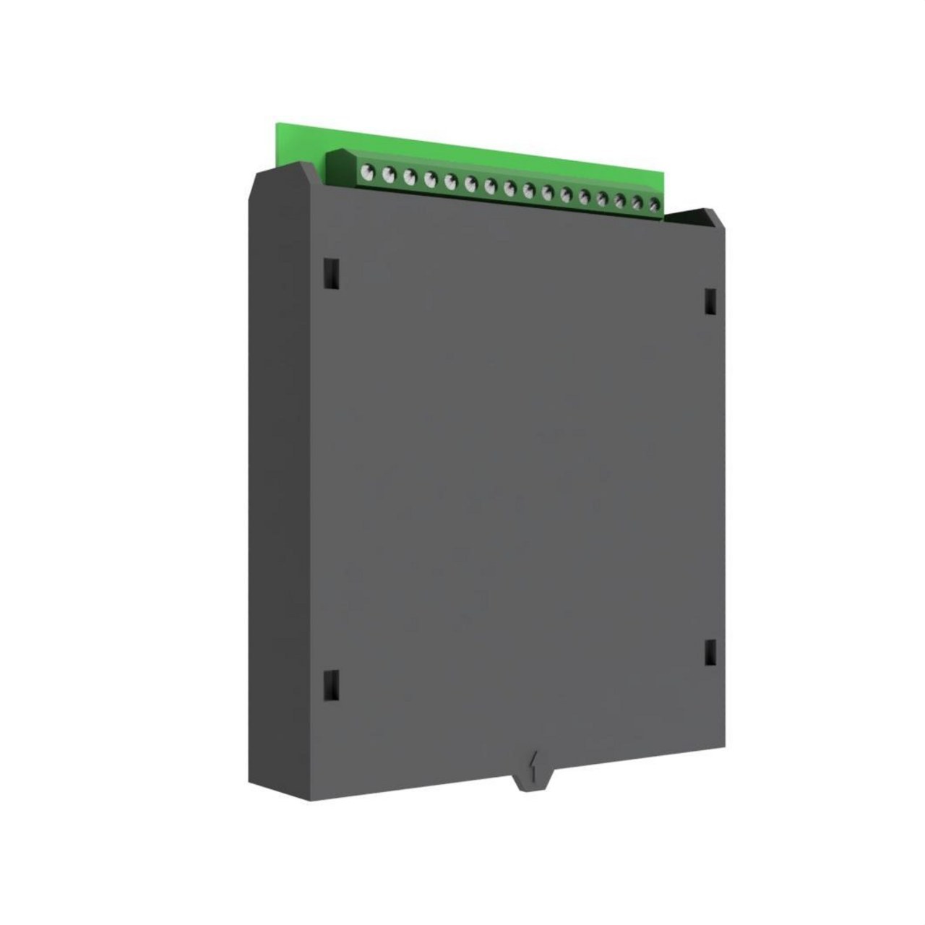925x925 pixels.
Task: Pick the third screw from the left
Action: click(x=409, y=177)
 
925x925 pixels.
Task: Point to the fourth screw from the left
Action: click(x=430, y=179)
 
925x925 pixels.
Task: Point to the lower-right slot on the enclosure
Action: click(x=710, y=653)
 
